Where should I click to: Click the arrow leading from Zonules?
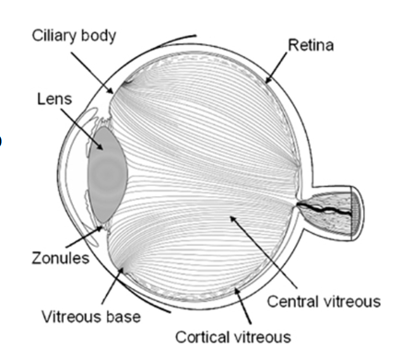(93, 241)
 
